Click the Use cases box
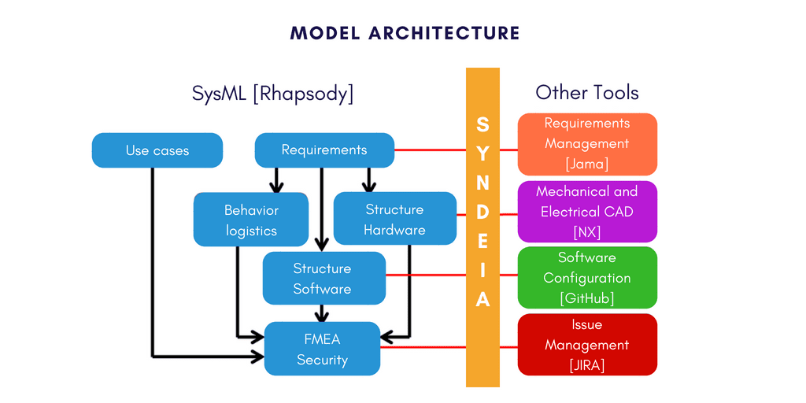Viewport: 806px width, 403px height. click(157, 150)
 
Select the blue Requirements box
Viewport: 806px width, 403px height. click(324, 150)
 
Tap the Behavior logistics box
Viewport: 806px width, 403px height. click(251, 220)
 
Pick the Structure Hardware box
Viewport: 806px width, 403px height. click(394, 220)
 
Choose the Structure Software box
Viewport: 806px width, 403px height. click(323, 279)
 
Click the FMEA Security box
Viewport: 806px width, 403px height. click(323, 349)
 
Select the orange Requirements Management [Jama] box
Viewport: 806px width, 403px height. click(587, 144)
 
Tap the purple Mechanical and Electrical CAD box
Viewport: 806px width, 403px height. click(587, 212)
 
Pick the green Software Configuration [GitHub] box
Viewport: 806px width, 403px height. click(587, 278)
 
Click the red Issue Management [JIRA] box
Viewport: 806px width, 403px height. click(587, 345)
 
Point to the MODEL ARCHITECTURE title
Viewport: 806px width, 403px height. click(405, 33)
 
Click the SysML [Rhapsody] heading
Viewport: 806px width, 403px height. click(272, 93)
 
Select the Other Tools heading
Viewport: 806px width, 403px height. click(587, 92)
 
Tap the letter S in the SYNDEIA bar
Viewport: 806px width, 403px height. click(482, 125)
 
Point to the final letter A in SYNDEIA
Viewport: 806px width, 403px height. click(482, 300)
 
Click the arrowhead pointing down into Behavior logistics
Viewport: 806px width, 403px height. click(276, 187)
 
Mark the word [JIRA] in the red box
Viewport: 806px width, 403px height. click(587, 365)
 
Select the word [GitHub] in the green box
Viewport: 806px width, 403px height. click(587, 298)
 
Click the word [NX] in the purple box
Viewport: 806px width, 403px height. click(587, 232)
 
